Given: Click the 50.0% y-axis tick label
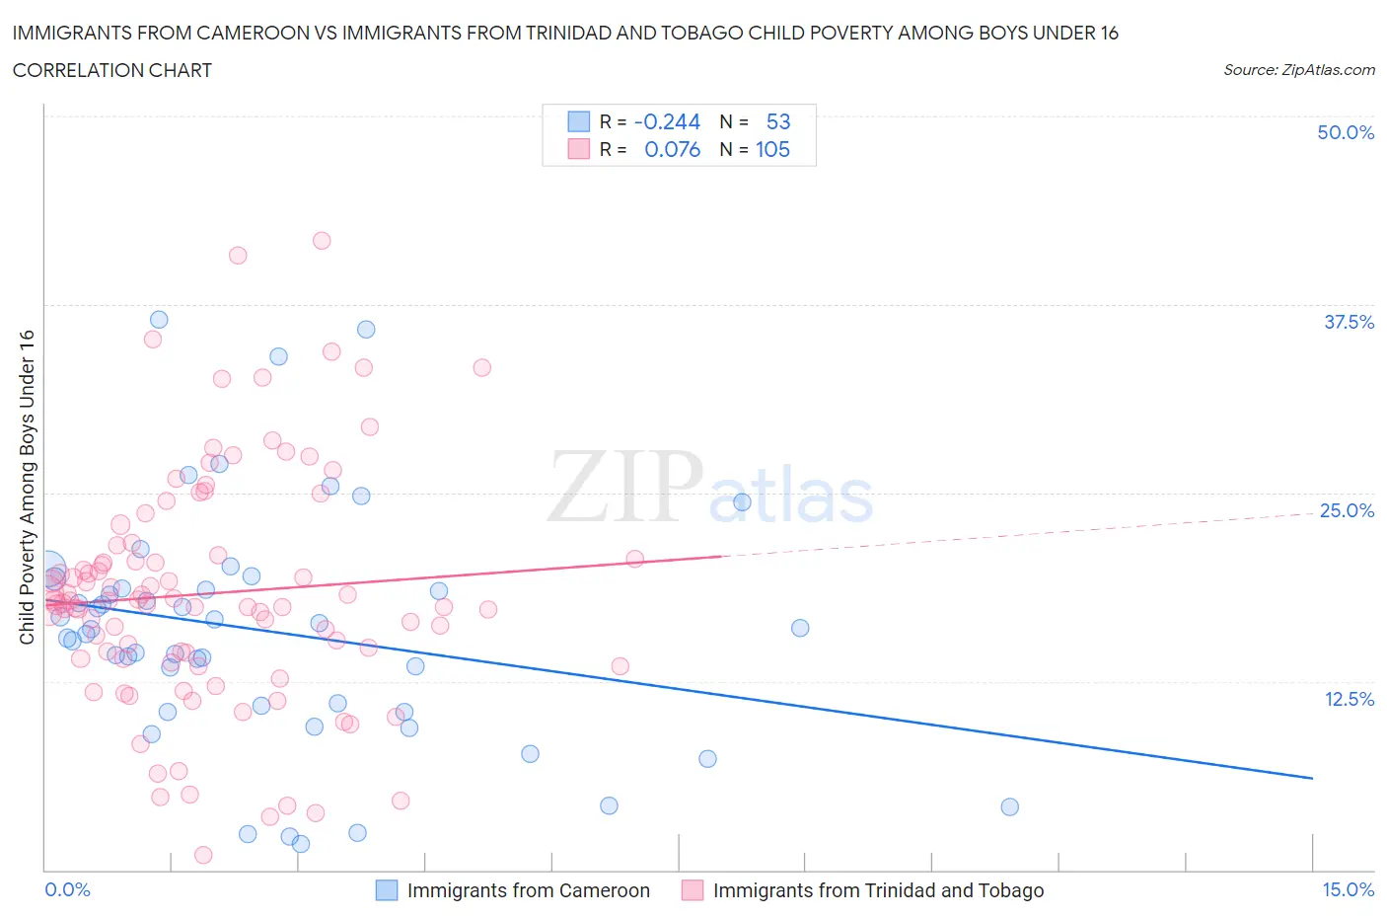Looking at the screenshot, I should [1346, 132].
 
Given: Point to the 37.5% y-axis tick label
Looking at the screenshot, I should [1349, 322].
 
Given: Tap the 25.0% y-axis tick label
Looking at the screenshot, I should [1347, 510].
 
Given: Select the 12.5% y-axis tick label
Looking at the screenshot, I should [1349, 699].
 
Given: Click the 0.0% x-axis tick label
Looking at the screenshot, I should [67, 889].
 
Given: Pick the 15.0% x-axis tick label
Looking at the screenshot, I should [1348, 889].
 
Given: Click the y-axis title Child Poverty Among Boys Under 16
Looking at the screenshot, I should [28, 487].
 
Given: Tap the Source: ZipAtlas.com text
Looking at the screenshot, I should [1298, 69].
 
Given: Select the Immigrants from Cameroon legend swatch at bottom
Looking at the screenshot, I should [387, 890].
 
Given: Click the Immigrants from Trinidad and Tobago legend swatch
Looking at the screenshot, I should [693, 890].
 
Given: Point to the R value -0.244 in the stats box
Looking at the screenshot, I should [667, 121].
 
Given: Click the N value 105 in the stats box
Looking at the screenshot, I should [772, 149].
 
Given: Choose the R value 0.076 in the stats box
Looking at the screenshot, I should [672, 149].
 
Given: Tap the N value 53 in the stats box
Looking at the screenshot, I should [777, 121].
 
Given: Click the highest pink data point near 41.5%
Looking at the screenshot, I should [322, 240].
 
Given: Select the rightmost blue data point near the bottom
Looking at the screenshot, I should [1009, 806].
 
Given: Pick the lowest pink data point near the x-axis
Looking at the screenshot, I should [203, 855].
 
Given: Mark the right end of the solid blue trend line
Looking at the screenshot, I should [1312, 779].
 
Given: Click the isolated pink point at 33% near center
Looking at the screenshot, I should [481, 367].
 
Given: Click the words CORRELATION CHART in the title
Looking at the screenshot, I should [112, 70].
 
